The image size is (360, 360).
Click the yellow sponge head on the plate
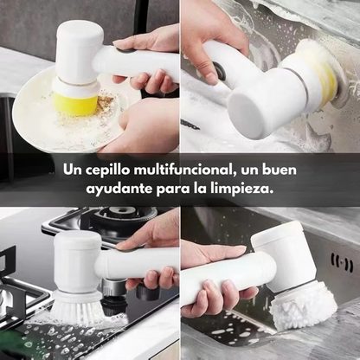coord(76,105)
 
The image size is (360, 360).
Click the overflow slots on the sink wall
coord(343,263)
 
